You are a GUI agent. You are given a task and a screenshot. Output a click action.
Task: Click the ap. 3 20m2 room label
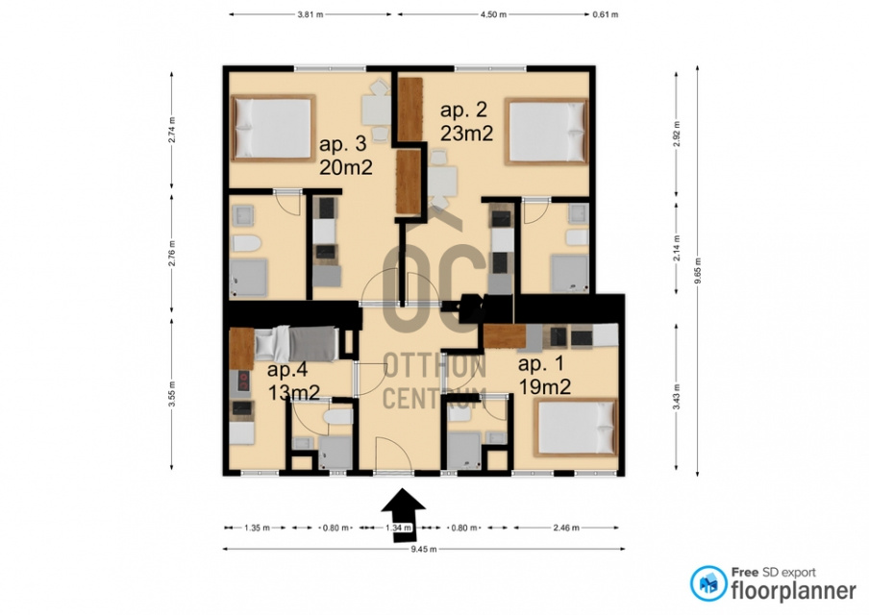coord(345,156)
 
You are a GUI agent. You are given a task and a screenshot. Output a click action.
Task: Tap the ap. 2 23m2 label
coord(466,121)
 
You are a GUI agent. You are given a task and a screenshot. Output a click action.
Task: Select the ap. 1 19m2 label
coord(544,375)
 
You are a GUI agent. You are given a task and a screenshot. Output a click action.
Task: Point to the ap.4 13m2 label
coord(293,381)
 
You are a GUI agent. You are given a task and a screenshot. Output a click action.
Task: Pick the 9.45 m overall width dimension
coord(424,549)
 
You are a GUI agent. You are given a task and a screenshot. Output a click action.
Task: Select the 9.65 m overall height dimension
coord(698,270)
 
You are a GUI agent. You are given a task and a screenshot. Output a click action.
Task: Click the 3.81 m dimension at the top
coord(310,14)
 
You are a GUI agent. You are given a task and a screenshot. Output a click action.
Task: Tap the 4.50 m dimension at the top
coord(493,14)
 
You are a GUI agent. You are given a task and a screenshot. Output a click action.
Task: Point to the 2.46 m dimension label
coord(566,528)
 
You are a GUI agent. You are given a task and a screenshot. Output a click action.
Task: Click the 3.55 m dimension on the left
coord(172,393)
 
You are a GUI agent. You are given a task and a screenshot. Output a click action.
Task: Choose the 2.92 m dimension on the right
coord(676,135)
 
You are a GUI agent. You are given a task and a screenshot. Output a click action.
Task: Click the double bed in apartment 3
coord(273,128)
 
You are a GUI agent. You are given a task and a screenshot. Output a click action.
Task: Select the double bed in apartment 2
coord(546,132)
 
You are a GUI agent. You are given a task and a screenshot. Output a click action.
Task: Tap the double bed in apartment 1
coord(577,428)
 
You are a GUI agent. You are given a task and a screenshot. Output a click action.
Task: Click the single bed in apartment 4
coord(295,343)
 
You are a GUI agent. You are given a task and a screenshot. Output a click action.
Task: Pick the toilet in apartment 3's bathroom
coord(247,243)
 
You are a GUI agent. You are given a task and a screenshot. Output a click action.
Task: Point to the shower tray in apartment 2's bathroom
coord(569,273)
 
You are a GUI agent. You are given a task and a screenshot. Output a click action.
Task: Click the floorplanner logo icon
coord(708,583)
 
